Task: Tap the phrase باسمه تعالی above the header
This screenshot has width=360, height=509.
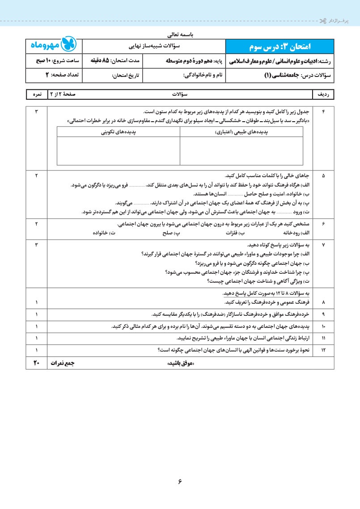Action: point(181,34)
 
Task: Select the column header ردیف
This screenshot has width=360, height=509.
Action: point(323,95)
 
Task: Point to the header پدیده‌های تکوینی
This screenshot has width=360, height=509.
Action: point(119,132)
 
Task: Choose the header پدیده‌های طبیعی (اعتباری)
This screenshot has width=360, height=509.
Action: point(241,132)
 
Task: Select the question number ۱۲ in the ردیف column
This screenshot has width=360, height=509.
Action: point(323,350)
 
